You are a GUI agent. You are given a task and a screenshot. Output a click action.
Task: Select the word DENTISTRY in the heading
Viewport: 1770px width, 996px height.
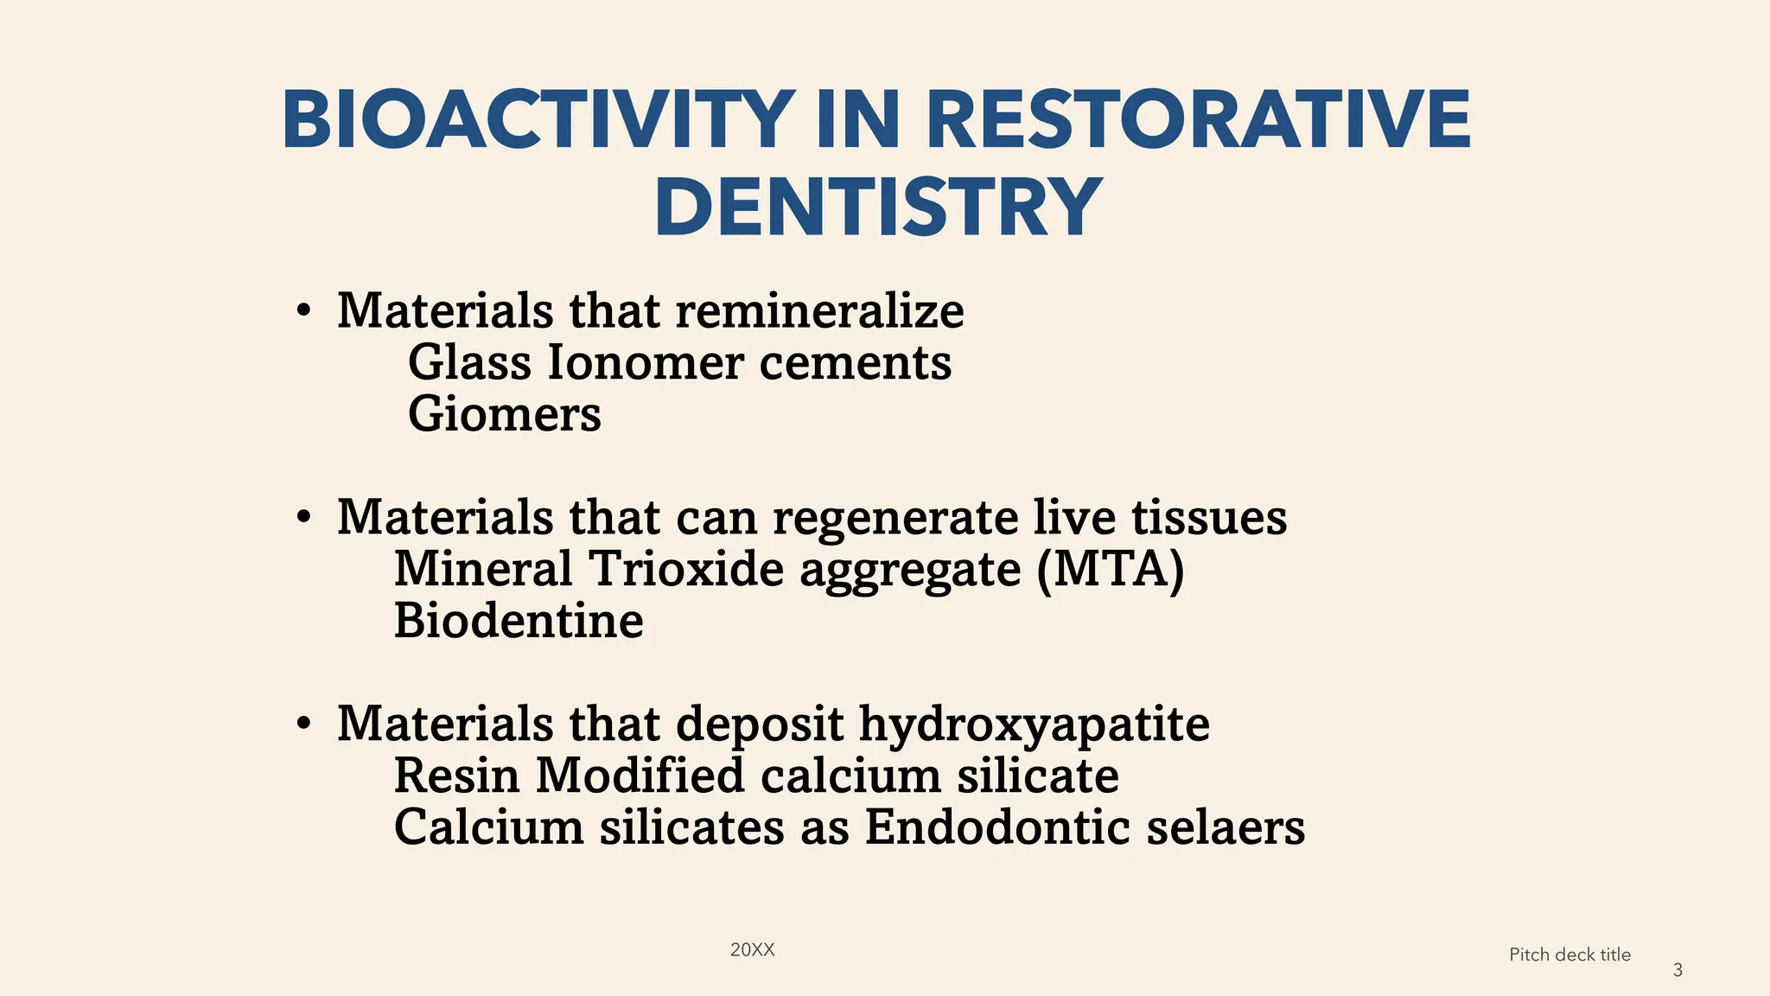pyautogui.click(x=878, y=207)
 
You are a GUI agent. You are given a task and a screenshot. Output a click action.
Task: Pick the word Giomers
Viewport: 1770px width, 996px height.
pyautogui.click(x=504, y=414)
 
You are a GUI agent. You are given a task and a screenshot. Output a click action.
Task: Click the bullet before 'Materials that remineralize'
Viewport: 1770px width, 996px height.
pyautogui.click(x=302, y=311)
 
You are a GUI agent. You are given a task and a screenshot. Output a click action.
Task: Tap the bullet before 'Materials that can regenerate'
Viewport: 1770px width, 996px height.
pyautogui.click(x=302, y=518)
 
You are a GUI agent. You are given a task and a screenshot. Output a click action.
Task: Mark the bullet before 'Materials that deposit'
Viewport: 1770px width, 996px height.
pyautogui.click(x=302, y=725)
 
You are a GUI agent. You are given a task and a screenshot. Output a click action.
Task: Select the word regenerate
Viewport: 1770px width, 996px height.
pyautogui.click(x=895, y=519)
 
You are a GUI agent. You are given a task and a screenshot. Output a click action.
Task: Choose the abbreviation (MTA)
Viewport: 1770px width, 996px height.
pyautogui.click(x=1110, y=569)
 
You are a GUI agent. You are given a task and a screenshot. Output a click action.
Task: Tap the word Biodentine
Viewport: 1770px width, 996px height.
pyautogui.click(x=519, y=621)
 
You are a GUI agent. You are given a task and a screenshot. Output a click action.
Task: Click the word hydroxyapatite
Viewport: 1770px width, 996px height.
pyautogui.click(x=1034, y=725)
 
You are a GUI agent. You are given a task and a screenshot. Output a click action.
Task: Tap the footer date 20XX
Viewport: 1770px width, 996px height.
pyautogui.click(x=752, y=950)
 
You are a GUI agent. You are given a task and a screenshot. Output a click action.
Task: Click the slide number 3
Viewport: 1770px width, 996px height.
pyautogui.click(x=1678, y=970)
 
